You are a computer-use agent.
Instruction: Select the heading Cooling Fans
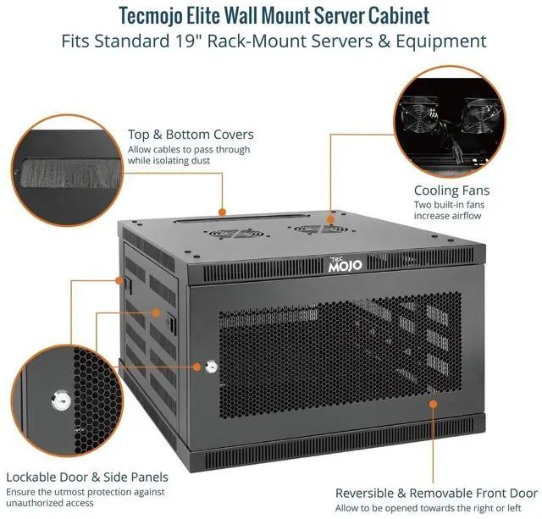pos(451,190)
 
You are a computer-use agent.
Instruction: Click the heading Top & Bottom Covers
pos(191,135)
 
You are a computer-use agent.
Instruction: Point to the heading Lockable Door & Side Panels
pos(87,477)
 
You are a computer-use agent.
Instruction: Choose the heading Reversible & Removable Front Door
pos(436,493)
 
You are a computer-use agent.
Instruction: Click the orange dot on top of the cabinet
pos(222,212)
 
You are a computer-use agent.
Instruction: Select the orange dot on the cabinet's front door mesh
pos(434,403)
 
